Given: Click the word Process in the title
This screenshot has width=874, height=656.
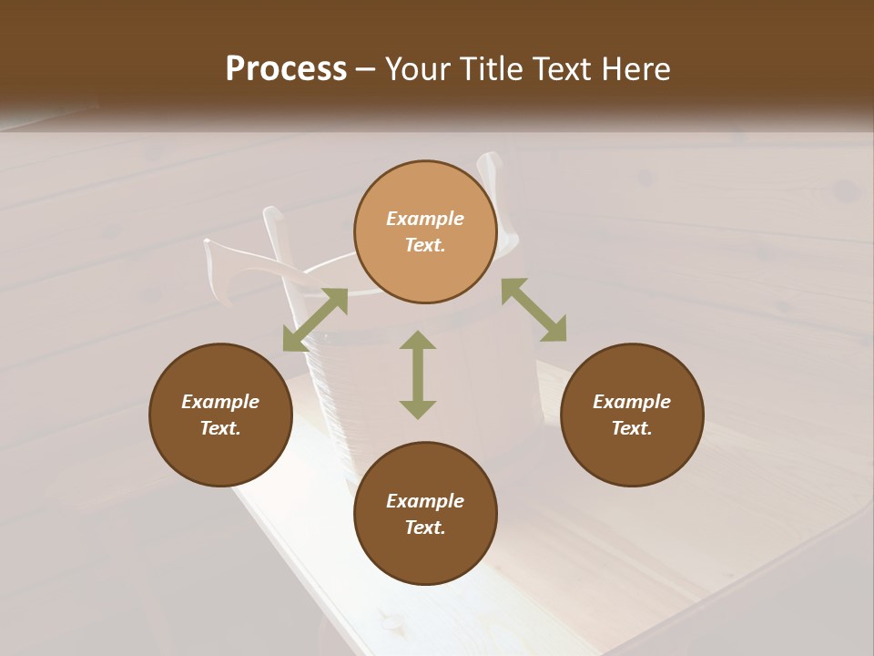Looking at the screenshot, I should [286, 69].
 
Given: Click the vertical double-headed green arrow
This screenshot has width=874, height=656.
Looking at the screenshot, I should [418, 374].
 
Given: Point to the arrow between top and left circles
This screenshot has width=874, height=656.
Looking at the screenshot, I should [315, 320].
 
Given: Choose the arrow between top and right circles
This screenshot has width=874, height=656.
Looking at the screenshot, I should [534, 310].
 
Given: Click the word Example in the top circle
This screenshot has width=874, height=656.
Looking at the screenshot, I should [425, 219].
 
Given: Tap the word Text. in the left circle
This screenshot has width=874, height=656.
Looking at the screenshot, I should [220, 428].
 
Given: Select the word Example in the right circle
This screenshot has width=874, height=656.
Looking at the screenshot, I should [632, 402].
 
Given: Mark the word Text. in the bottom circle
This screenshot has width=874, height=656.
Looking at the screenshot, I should [425, 528].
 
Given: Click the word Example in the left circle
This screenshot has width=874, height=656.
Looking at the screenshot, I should [220, 402].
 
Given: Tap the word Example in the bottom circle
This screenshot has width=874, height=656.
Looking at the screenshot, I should [425, 501].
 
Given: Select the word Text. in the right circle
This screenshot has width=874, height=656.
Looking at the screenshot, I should [632, 428].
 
